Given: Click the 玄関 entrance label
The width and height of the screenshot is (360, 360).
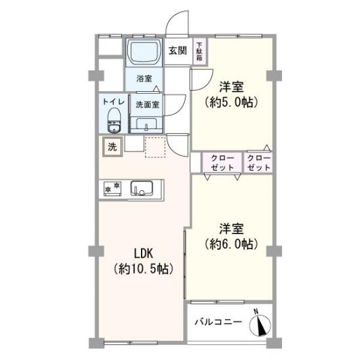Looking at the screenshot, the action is [x=178, y=50].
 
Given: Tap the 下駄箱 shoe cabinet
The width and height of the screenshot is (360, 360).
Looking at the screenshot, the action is [x=199, y=52].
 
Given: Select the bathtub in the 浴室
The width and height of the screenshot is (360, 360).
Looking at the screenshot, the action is [x=144, y=52].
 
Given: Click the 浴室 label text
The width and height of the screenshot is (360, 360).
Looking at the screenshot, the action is [x=144, y=79].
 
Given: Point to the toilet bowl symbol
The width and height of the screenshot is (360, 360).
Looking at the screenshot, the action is [x=114, y=120].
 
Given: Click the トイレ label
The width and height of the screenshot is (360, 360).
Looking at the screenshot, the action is [x=113, y=102].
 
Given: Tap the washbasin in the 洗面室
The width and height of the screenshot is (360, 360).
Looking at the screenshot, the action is [x=146, y=125].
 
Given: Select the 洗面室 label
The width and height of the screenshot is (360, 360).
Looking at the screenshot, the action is [x=148, y=105].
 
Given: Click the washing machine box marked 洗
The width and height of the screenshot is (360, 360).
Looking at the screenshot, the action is [x=113, y=147].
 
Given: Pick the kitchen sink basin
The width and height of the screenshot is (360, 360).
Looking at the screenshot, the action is [x=142, y=188].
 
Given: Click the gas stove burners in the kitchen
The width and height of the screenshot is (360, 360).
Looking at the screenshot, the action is [x=112, y=189].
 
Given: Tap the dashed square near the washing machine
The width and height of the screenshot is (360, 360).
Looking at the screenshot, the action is [x=155, y=147].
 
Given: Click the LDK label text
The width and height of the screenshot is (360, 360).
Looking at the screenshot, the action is [x=144, y=254].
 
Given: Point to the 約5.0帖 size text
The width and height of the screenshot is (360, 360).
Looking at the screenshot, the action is [x=231, y=102].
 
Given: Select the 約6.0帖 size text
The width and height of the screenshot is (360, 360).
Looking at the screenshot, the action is [x=231, y=244].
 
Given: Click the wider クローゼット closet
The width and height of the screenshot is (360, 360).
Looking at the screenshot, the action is [x=222, y=163].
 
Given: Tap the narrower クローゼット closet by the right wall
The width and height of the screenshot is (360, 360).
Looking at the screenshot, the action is [x=258, y=163].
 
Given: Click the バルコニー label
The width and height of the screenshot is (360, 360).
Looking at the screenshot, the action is [x=218, y=322].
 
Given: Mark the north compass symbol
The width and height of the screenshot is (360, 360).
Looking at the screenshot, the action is [x=260, y=325].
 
